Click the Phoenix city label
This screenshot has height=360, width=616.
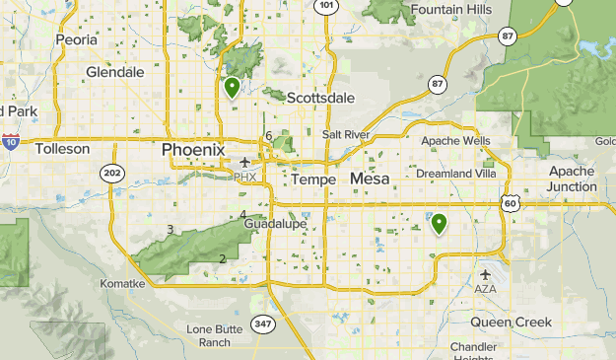(x=193, y=149)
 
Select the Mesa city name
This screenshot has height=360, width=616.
(x=370, y=179)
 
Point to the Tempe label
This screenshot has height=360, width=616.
(x=314, y=180)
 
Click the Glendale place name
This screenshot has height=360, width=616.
(x=115, y=72)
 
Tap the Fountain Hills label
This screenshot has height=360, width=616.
(x=452, y=9)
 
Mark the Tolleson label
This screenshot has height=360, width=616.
(x=62, y=149)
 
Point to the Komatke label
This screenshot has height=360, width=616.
(x=122, y=283)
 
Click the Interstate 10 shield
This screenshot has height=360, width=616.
(x=10, y=141)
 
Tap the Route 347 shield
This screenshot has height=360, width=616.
(x=262, y=324)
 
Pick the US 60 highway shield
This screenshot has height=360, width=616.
(x=510, y=202)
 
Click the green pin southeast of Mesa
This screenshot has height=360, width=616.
(x=440, y=224)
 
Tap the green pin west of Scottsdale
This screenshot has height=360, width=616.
(x=232, y=88)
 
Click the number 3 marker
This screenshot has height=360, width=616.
(x=171, y=230)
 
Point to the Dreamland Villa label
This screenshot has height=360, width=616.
(x=456, y=174)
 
